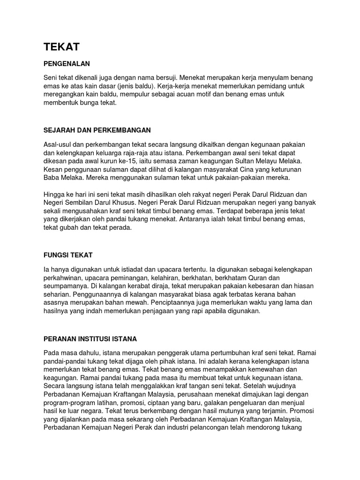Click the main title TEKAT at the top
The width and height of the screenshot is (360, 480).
click(x=61, y=46)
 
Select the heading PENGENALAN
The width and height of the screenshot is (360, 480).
click(x=66, y=63)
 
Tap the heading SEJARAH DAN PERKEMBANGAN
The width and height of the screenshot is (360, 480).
click(x=97, y=130)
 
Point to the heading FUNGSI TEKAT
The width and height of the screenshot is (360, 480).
click(x=68, y=255)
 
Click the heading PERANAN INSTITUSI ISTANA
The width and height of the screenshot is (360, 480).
click(x=90, y=338)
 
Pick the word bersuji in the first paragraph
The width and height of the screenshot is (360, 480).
click(x=164, y=77)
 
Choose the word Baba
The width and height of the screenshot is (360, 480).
click(x=51, y=178)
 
